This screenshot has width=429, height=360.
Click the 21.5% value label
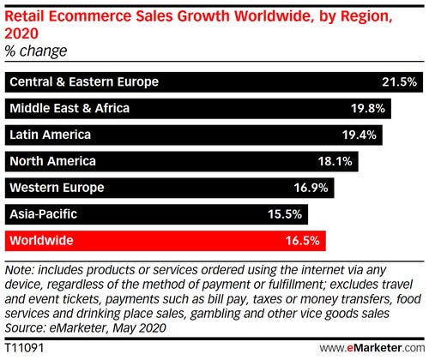pos(399,82)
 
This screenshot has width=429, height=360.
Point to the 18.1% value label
pos(337,162)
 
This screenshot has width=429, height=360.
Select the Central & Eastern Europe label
pos(84,82)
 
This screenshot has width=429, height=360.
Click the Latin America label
pos(50,135)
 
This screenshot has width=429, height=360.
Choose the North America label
pos(52,162)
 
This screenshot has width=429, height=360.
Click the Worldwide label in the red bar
pos(41,242)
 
